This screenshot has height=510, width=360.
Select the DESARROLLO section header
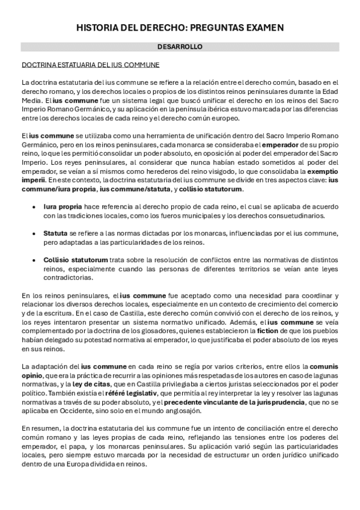[x=180, y=46]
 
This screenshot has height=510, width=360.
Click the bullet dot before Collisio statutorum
[x=35, y=259]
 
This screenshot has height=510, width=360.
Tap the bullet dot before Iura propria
[x=35, y=206]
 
